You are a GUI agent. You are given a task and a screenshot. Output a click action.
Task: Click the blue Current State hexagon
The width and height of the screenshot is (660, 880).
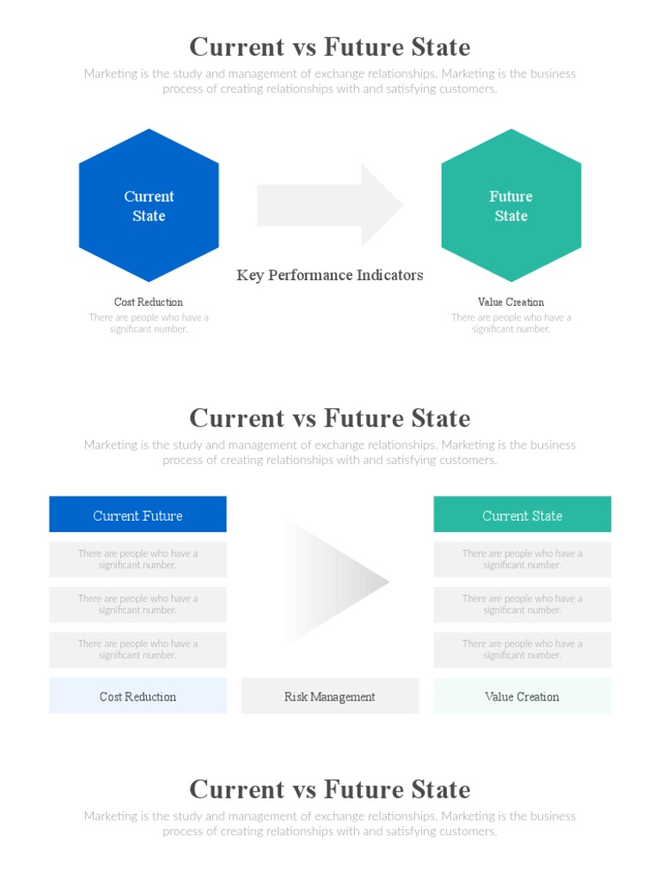[149, 206]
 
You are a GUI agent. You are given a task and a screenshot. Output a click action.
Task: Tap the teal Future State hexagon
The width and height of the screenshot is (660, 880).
[511, 206]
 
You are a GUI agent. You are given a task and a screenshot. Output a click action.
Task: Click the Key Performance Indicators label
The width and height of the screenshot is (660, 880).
[330, 275]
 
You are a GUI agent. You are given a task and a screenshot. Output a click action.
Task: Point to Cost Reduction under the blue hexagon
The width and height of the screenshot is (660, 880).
[149, 302]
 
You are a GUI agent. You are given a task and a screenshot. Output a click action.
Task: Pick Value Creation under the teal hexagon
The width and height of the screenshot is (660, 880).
[511, 302]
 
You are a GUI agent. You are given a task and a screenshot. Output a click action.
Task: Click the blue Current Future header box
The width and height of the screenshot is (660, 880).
[137, 515]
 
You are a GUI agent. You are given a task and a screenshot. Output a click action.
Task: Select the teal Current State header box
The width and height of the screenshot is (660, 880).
[522, 515]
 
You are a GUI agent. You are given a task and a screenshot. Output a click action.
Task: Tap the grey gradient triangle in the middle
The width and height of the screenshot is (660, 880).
[331, 582]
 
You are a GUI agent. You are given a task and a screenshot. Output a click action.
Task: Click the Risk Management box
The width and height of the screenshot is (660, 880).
[330, 696]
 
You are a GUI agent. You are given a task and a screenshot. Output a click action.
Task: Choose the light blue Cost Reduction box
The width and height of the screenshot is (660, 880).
[137, 696]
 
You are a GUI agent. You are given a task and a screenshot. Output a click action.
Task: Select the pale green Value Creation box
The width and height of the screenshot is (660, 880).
[522, 696]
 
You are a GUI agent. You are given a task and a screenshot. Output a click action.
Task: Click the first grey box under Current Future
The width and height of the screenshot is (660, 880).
[137, 559]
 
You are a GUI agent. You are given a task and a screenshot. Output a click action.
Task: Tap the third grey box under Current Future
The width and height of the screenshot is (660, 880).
[137, 650]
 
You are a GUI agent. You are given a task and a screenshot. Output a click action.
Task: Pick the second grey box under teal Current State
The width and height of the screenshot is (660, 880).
[522, 604]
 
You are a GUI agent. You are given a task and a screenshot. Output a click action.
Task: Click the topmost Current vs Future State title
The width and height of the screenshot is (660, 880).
[330, 46]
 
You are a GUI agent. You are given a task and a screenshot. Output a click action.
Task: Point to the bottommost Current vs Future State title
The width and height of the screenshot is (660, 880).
[330, 789]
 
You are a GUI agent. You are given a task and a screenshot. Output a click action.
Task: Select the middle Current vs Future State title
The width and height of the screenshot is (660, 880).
[330, 418]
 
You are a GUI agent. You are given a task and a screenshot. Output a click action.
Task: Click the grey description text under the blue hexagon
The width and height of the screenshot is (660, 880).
[149, 323]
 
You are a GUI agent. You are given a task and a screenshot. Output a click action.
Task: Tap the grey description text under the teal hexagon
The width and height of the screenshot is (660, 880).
[511, 323]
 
